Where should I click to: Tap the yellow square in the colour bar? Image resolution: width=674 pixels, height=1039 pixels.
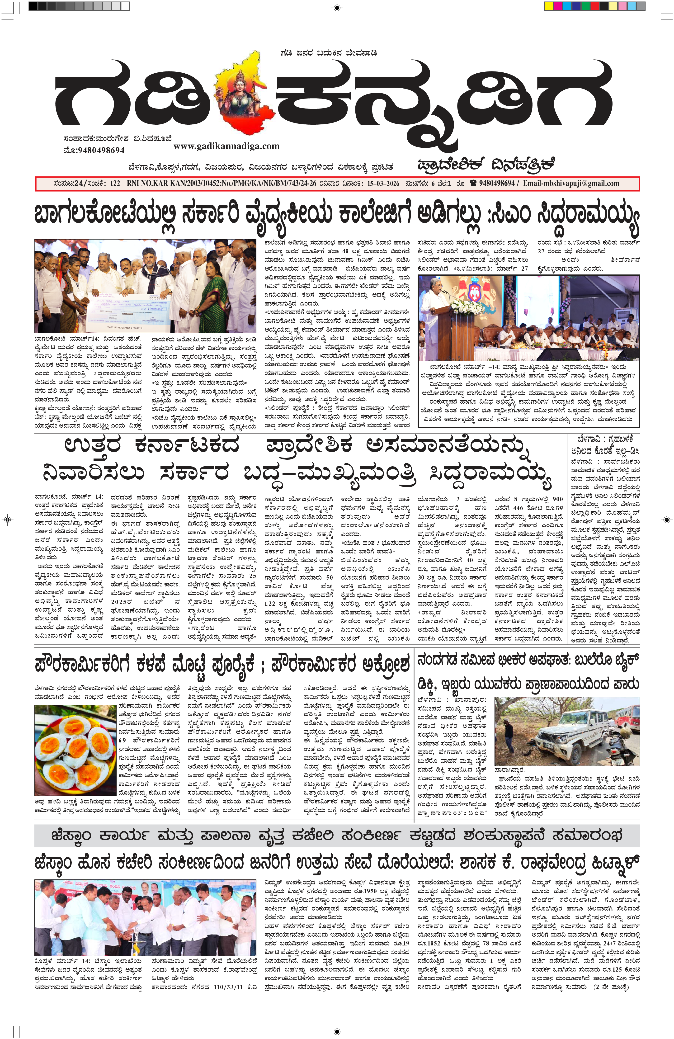point(549,6)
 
